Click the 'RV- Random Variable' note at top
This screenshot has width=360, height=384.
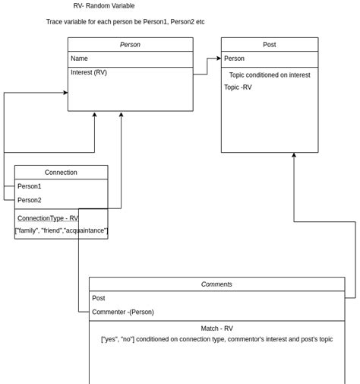125,6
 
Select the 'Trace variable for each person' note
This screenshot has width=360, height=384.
125,22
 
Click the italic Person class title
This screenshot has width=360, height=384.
130,45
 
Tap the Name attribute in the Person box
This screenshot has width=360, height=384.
80,59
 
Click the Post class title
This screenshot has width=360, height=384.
269,45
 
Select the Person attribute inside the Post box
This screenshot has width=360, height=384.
234,59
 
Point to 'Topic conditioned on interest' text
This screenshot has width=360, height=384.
270,75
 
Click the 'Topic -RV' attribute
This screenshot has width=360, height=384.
238,87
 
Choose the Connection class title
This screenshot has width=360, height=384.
61,173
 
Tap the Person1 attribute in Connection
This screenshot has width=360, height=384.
30,186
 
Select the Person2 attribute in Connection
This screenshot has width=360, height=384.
30,200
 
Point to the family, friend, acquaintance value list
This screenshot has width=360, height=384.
61,230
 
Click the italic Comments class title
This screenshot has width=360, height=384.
216,284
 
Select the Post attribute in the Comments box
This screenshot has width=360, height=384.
99,298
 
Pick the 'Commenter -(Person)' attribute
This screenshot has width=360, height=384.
123,312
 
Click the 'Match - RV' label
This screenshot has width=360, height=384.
216,328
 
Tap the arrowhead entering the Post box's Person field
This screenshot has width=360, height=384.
219,59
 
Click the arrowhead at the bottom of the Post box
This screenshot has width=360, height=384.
294,155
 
